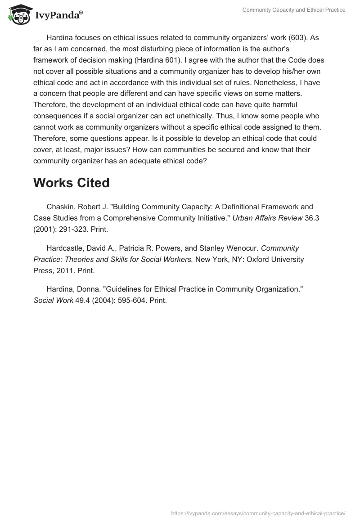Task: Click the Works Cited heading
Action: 71,183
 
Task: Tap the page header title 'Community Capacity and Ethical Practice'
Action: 294,10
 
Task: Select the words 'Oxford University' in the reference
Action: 276,259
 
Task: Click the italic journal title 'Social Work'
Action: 53,301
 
